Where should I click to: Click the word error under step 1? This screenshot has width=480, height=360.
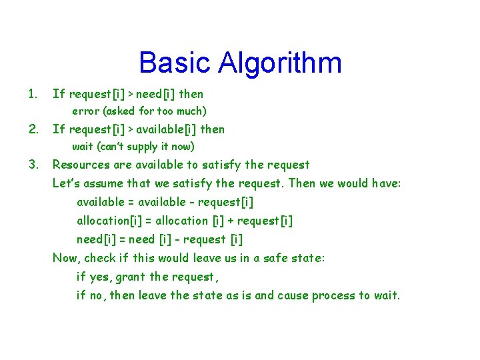pyautogui.click(x=85, y=111)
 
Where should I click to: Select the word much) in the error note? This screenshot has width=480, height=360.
pyautogui.click(x=191, y=111)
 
